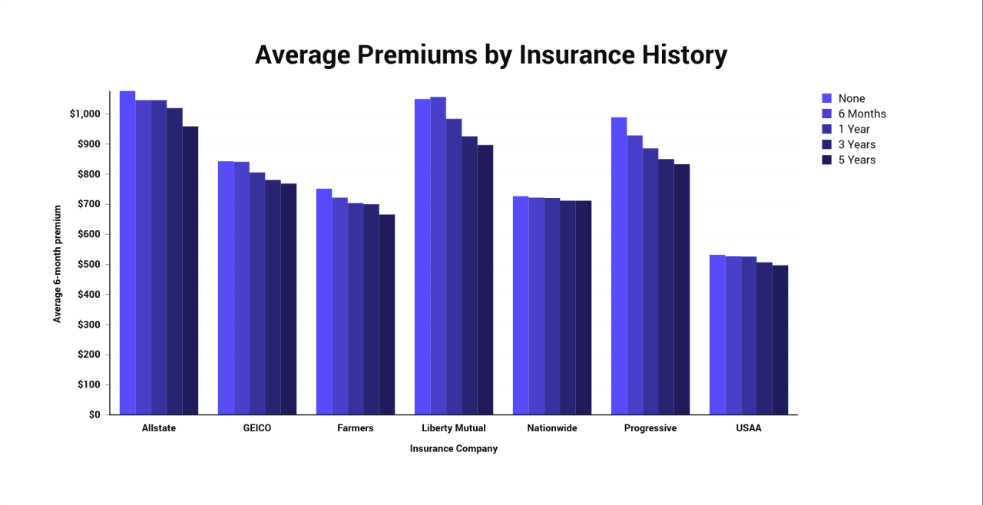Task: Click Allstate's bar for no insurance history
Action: (127, 253)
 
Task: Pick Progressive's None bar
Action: (619, 266)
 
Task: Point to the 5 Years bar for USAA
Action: (780, 340)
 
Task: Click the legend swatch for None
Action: (827, 98)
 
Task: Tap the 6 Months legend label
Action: (862, 114)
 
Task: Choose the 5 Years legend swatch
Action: (827, 160)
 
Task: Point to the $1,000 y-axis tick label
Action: (84, 114)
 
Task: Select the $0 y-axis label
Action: (94, 414)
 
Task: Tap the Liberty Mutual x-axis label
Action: (454, 428)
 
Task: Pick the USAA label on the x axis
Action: (748, 428)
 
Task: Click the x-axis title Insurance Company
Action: (454, 448)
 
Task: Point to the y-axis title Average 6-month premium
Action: (58, 263)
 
